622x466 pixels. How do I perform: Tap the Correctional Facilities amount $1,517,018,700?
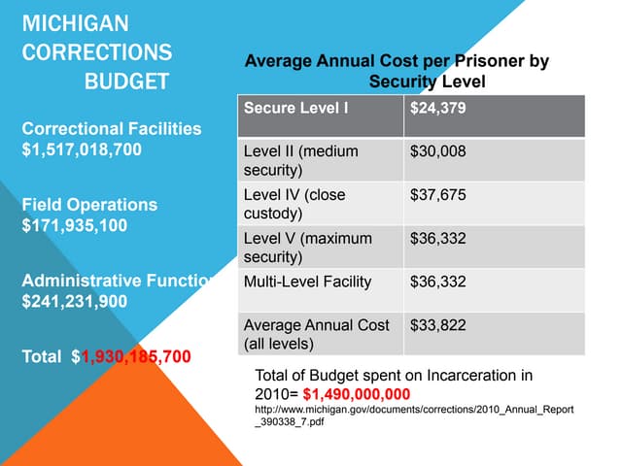click(82, 150)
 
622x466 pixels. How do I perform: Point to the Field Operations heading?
click(89, 205)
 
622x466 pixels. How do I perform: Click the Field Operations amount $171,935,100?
click(76, 226)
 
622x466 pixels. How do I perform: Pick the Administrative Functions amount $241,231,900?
click(75, 301)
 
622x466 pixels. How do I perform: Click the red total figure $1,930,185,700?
click(135, 356)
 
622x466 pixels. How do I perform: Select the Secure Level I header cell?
click(295, 108)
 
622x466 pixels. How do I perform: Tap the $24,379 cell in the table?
click(438, 108)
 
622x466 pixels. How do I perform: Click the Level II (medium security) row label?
click(300, 160)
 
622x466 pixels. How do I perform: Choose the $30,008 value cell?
click(438, 151)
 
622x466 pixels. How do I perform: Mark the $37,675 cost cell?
click(438, 195)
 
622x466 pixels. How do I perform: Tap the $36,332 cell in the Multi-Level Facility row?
click(438, 283)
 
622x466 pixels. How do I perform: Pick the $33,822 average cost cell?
click(438, 325)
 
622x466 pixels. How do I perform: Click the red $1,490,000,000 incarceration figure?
click(357, 393)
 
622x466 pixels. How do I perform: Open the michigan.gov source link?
click(413, 416)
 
